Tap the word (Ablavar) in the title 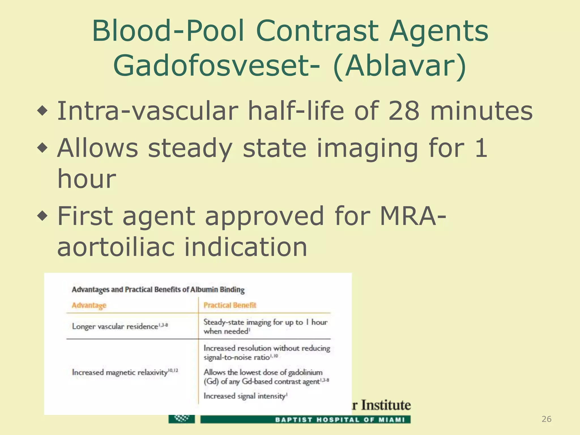(x=400, y=66)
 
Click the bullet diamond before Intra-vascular (x=43, y=111)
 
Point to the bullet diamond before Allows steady (x=43, y=148)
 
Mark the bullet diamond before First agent (x=43, y=216)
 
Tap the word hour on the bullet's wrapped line (x=87, y=179)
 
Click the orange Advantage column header (x=89, y=305)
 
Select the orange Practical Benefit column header (x=230, y=305)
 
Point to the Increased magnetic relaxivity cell (x=125, y=372)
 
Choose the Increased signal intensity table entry (x=245, y=396)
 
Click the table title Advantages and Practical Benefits (x=158, y=290)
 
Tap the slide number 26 (x=546, y=419)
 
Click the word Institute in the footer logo (x=386, y=405)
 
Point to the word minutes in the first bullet (x=481, y=111)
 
